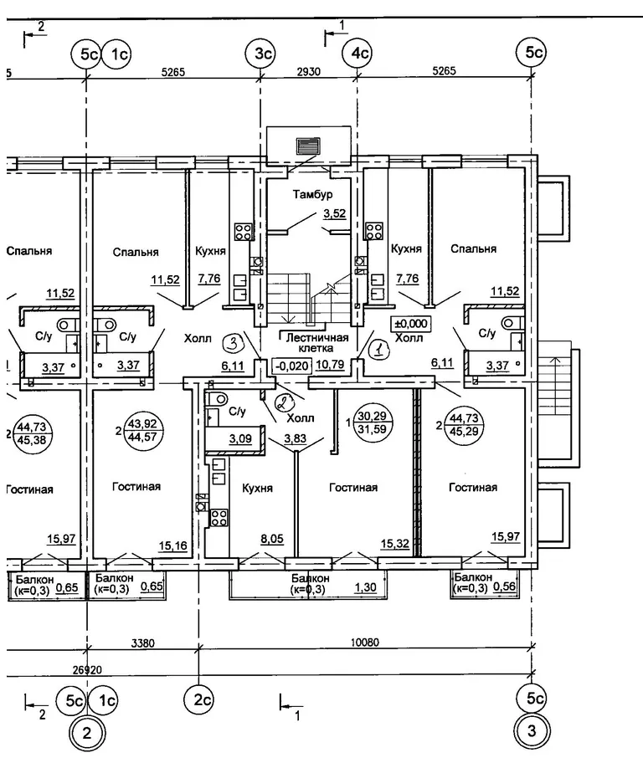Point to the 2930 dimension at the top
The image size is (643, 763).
[x=309, y=71]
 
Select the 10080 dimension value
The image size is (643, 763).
[x=365, y=643]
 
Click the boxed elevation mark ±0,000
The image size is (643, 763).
[x=409, y=324]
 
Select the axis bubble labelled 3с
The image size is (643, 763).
[x=262, y=54]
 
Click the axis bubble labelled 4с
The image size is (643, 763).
[x=358, y=54]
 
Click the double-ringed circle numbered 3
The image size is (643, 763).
[x=532, y=733]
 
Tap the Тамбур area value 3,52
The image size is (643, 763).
[x=335, y=214]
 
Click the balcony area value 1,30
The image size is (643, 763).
[x=365, y=588]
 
